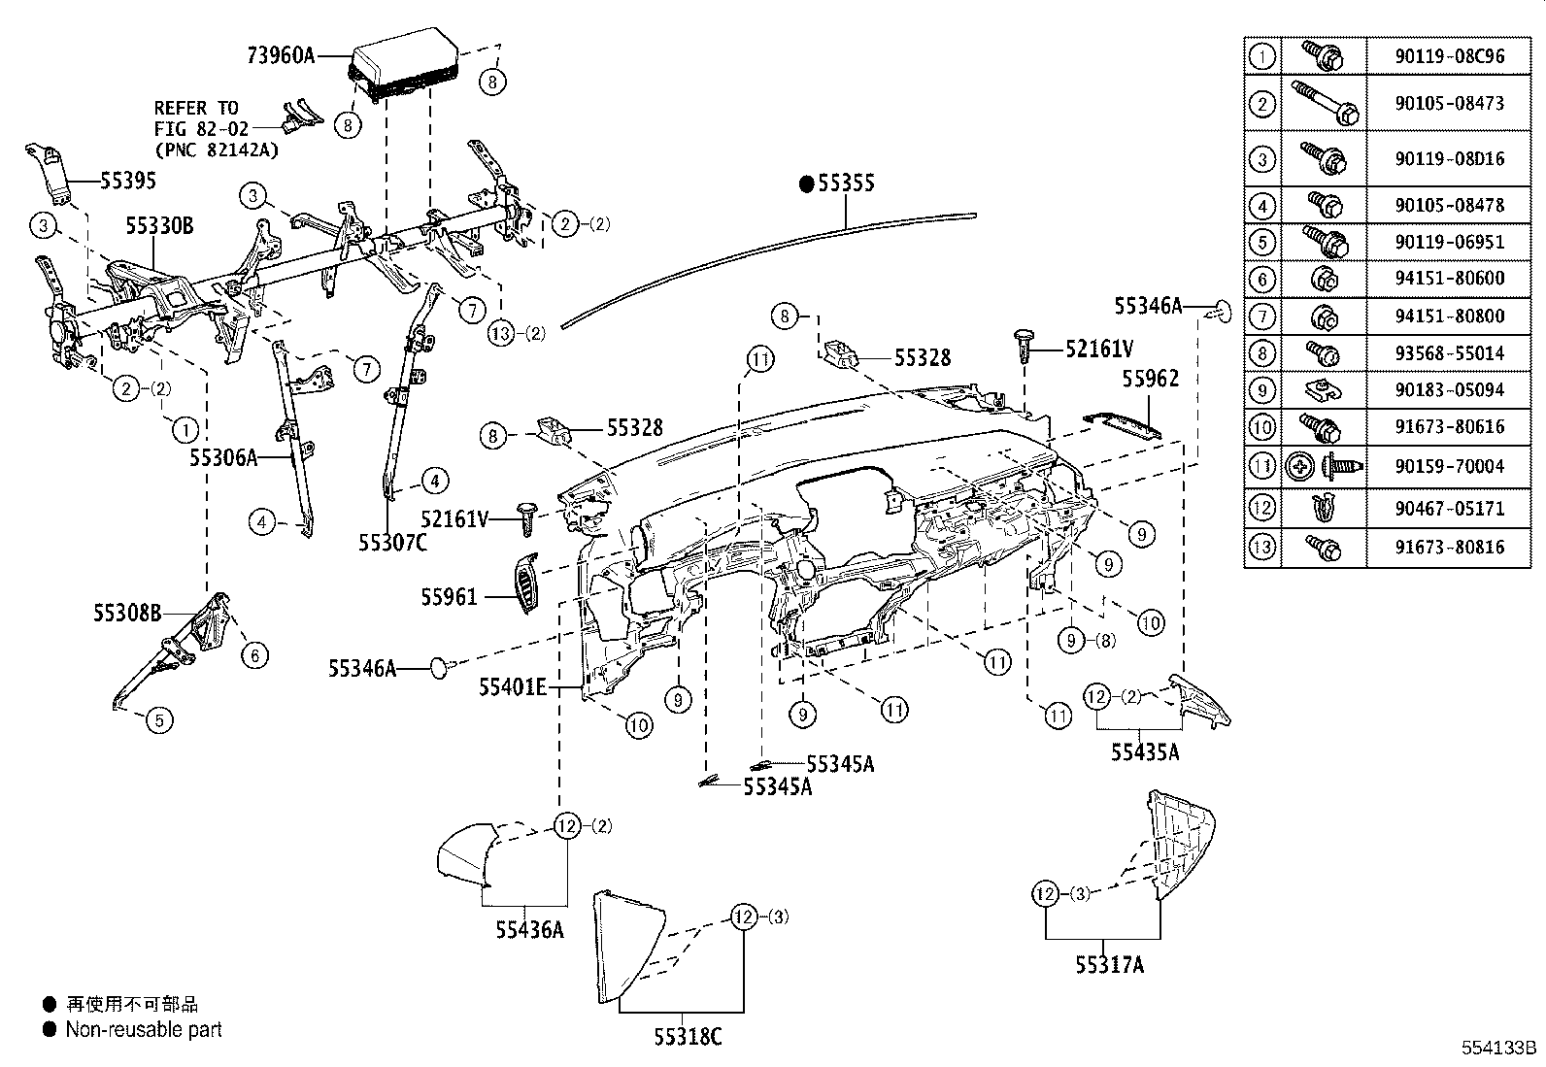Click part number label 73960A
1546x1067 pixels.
[281, 55]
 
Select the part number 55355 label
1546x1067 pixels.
[846, 183]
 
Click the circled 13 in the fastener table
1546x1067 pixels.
[1261, 548]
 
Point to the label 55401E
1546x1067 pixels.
[512, 687]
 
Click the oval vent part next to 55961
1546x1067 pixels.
[524, 582]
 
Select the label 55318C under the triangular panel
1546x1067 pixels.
[688, 1037]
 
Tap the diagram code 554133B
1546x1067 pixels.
[1499, 1049]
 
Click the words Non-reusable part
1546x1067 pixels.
[144, 1030]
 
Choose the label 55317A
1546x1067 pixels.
[1109, 965]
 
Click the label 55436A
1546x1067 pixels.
[529, 929]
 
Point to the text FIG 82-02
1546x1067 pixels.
[201, 127]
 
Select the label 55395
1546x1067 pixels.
[127, 181]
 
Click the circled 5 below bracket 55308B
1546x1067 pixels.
[160, 720]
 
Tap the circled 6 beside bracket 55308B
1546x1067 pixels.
[254, 655]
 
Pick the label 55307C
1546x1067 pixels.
[392, 543]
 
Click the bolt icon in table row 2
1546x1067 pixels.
[1325, 103]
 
